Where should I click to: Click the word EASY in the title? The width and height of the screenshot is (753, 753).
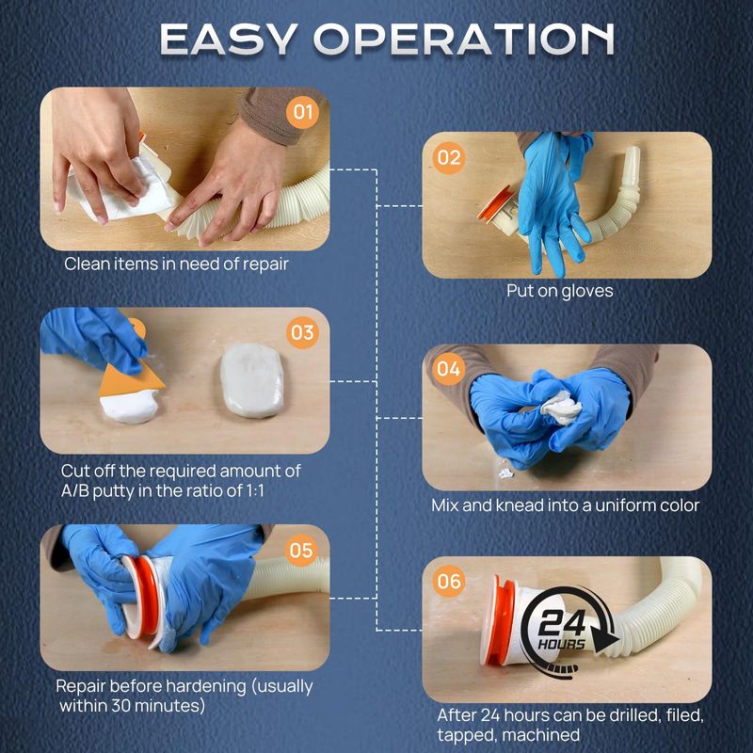(227, 39)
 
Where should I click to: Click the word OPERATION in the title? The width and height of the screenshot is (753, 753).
(464, 39)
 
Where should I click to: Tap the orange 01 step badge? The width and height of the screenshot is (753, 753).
(302, 112)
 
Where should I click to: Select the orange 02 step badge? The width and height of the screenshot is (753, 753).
(449, 157)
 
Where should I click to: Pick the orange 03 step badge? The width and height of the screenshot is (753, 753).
(302, 332)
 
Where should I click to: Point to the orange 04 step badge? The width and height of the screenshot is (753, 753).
(449, 369)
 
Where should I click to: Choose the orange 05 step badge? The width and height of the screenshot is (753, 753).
(301, 551)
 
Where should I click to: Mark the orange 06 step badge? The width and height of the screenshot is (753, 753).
(449, 581)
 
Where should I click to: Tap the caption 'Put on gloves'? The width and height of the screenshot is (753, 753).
(560, 291)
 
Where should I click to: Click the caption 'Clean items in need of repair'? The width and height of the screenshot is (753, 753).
(176, 264)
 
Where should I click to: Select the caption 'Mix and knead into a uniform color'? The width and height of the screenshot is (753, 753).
(566, 505)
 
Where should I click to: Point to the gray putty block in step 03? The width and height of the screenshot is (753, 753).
(252, 380)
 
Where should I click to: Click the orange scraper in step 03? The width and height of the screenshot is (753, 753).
(131, 370)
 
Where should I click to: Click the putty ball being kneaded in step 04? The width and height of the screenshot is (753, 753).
(561, 408)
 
